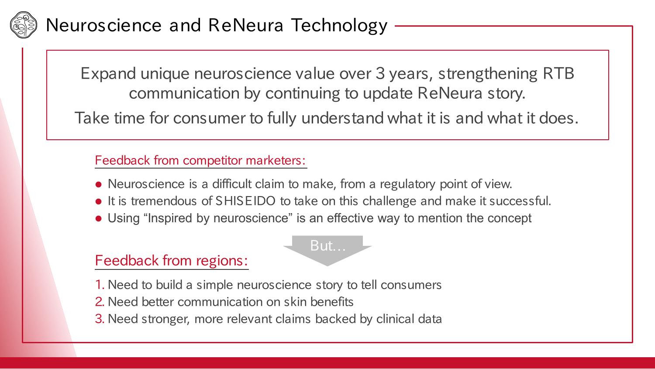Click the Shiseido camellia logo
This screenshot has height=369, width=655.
pyautogui.click(x=24, y=25)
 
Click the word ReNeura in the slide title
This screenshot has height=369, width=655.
pyautogui.click(x=245, y=25)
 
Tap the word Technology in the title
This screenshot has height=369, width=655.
pyautogui.click(x=339, y=26)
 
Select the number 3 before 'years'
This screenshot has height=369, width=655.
pyautogui.click(x=380, y=73)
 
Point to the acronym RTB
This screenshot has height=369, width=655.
pyautogui.click(x=558, y=73)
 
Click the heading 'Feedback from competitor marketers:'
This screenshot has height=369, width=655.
pyautogui.click(x=200, y=160)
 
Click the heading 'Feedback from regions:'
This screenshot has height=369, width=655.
pyautogui.click(x=172, y=260)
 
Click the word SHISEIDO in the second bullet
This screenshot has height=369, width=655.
pyautogui.click(x=245, y=201)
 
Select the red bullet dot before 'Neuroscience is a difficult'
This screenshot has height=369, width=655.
pyautogui.click(x=99, y=184)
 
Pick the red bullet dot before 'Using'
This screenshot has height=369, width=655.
pyautogui.click(x=99, y=219)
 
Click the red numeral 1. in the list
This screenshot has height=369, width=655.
pyautogui.click(x=100, y=285)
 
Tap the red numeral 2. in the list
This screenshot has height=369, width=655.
pyautogui.click(x=100, y=302)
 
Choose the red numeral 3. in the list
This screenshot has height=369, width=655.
pyautogui.click(x=100, y=319)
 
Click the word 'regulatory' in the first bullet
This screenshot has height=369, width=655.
pyautogui.click(x=407, y=184)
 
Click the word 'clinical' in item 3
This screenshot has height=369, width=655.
pyautogui.click(x=395, y=319)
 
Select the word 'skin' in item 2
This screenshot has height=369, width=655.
pyautogui.click(x=295, y=302)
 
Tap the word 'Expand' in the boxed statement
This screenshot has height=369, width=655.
pyautogui.click(x=108, y=74)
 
